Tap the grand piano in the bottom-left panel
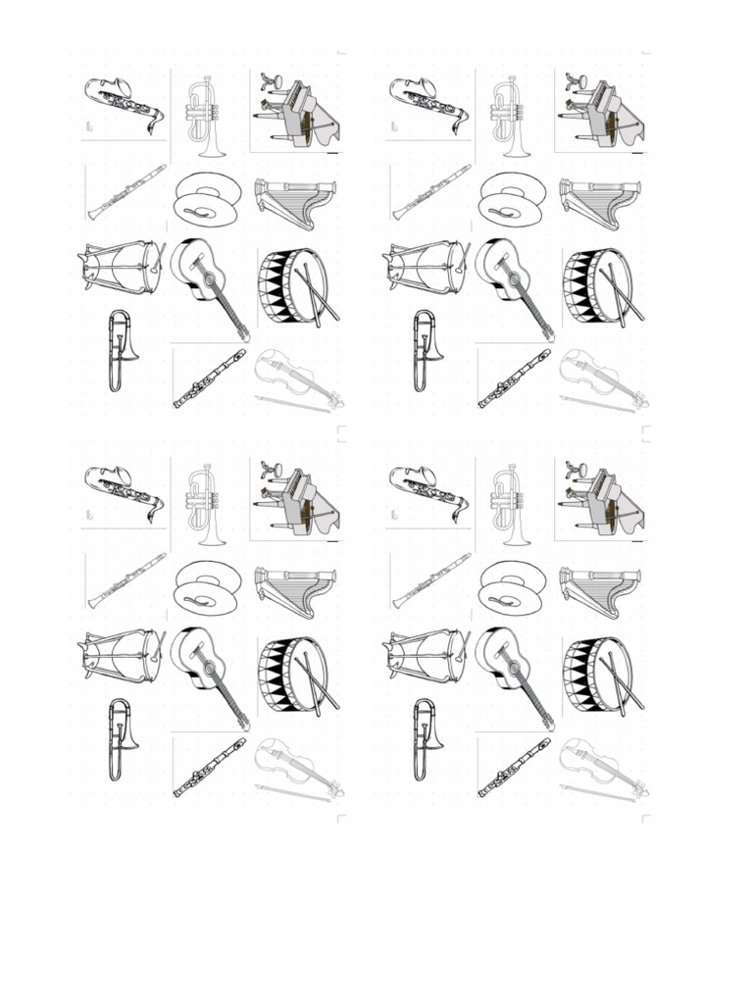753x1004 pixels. (299, 500)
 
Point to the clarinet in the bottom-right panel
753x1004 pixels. (431, 579)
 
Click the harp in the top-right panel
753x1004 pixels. (601, 202)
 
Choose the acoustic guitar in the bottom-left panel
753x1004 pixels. (208, 669)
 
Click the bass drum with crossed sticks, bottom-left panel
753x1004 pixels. (295, 675)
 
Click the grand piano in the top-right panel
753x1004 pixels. (604, 111)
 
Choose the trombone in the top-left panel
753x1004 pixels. (120, 349)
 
